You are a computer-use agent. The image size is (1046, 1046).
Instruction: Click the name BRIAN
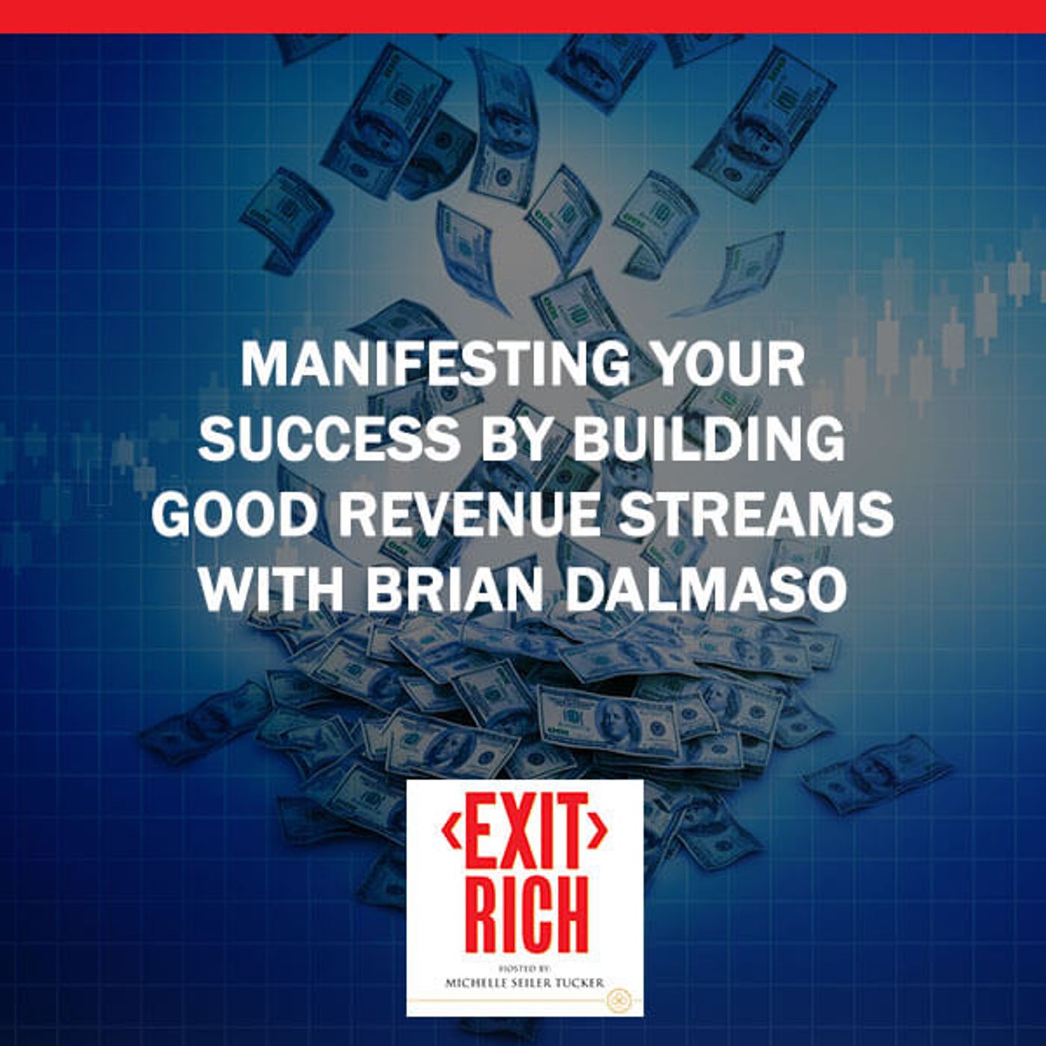point(455,589)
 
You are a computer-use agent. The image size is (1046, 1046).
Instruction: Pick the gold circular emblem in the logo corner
point(618,1000)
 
